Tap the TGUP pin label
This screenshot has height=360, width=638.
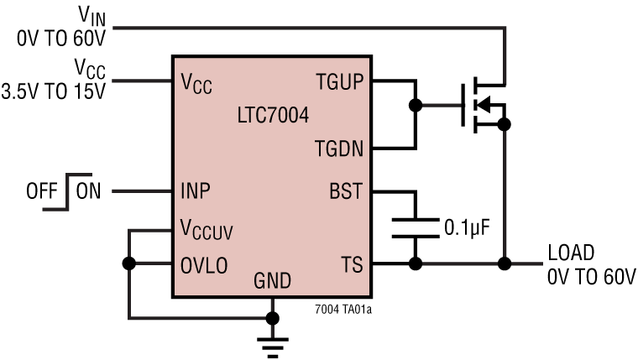click(338, 82)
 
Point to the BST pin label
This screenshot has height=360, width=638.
click(345, 191)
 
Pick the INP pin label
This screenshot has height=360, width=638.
click(196, 191)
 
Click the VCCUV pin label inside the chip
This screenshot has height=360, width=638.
click(208, 228)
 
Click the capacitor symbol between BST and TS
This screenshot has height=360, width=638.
click(415, 227)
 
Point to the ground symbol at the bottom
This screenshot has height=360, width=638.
click(271, 340)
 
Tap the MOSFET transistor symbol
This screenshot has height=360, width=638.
click(483, 106)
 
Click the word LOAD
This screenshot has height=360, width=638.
click(571, 253)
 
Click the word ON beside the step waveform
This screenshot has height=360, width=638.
click(88, 191)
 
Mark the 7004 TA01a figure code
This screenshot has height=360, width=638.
click(344, 307)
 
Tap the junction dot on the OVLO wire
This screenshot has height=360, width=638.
click(128, 263)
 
